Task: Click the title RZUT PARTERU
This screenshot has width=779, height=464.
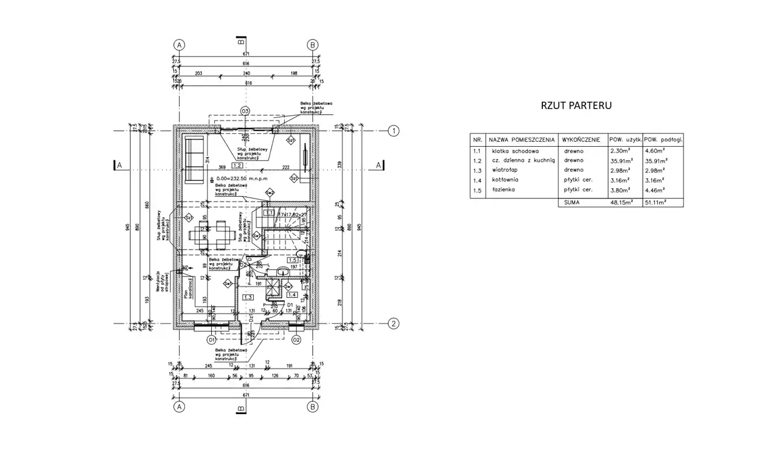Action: click(x=576, y=105)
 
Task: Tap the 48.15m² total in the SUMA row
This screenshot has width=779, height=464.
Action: click(x=621, y=203)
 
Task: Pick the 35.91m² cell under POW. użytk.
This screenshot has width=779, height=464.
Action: click(x=621, y=160)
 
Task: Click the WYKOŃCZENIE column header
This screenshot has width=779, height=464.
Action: click(x=582, y=139)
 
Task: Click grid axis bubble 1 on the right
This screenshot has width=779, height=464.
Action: click(x=394, y=131)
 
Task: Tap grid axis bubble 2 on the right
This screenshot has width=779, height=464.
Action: click(x=394, y=324)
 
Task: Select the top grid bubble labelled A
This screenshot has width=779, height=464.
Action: click(x=179, y=45)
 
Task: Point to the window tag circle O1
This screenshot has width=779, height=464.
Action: click(x=212, y=340)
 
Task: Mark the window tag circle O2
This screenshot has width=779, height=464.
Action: click(x=296, y=340)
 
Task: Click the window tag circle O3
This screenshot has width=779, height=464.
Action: click(x=245, y=111)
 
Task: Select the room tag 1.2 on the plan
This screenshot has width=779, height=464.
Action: click(x=237, y=165)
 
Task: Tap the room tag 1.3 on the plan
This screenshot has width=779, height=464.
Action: click(x=248, y=297)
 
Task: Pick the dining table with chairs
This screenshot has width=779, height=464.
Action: click(x=210, y=234)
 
